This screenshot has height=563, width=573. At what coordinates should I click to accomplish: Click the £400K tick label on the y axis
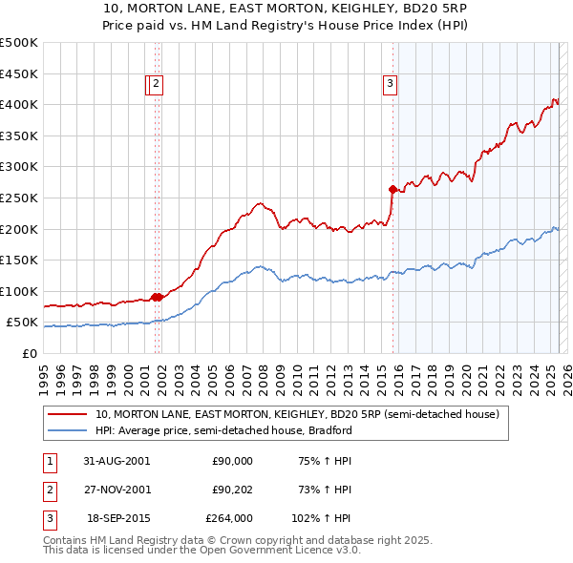[19, 105]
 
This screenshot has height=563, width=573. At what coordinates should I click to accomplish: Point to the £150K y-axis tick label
[19, 260]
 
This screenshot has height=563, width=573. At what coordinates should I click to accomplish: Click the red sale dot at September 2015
[393, 189]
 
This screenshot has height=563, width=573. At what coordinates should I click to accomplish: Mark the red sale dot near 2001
[157, 297]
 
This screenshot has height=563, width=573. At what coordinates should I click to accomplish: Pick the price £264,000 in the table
[229, 519]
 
